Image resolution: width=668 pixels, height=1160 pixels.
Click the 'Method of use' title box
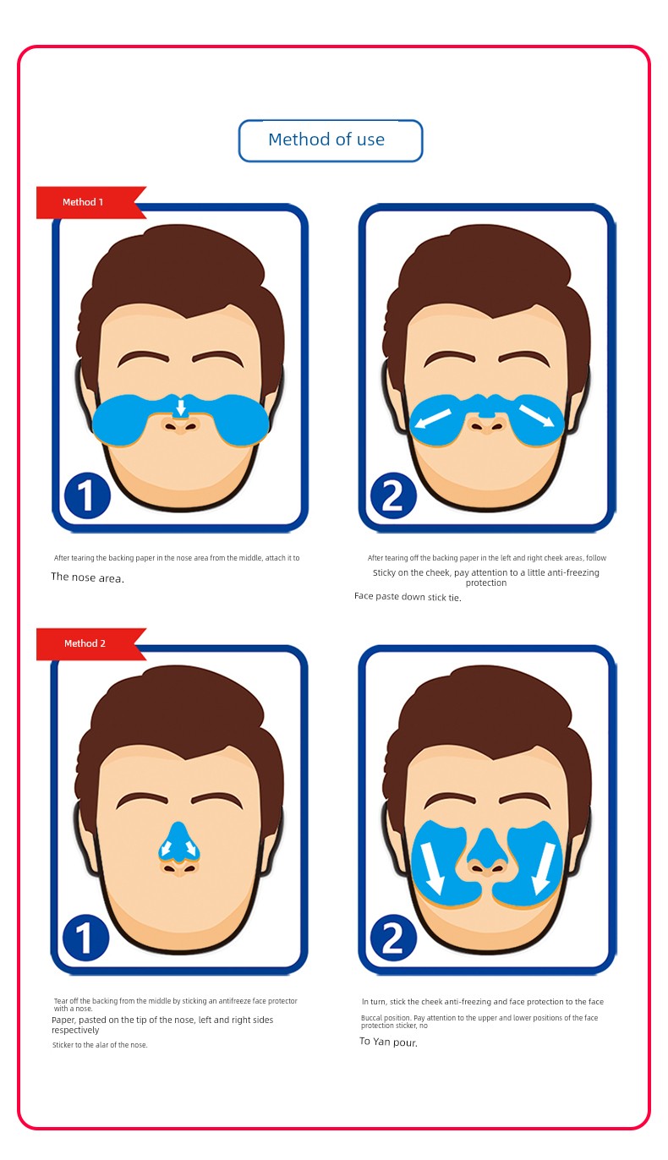point(331,140)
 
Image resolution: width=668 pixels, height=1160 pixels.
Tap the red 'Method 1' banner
point(88,202)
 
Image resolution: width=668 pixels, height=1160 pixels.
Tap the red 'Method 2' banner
point(88,643)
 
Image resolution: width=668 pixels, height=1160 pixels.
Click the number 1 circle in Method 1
point(87,495)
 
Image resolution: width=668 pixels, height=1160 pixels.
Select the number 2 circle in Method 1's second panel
point(393,495)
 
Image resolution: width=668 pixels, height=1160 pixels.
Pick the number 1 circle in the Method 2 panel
point(86,938)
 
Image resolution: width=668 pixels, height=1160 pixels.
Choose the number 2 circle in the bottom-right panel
point(393,938)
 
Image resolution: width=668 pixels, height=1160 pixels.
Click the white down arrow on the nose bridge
point(180,407)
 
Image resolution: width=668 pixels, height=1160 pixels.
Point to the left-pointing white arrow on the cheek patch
point(432,419)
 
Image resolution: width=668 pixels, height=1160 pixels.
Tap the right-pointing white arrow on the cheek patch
point(536,415)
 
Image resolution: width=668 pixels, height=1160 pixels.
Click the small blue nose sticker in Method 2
point(178,843)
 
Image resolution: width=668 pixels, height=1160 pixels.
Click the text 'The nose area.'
point(87,577)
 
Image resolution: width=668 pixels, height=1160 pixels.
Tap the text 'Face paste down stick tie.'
point(408,597)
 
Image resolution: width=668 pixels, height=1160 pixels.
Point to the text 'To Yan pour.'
point(388,1042)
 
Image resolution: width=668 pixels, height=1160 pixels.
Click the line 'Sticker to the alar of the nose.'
point(100,1045)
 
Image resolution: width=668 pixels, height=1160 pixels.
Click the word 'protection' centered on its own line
point(485,583)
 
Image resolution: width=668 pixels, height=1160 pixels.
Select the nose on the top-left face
point(180,424)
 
